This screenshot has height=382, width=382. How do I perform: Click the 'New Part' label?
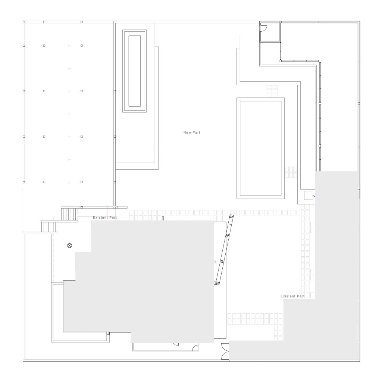[192, 132]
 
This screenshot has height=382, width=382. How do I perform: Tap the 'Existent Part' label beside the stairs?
[105, 217]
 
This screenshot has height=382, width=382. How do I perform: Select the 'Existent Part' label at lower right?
[292, 296]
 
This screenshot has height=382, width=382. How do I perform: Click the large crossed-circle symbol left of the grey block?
[70, 245]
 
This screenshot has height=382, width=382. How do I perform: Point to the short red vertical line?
[107, 211]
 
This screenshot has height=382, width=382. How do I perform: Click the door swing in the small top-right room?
[264, 28]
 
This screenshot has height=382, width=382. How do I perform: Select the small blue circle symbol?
[313, 196]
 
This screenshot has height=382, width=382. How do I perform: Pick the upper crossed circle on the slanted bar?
[227, 235]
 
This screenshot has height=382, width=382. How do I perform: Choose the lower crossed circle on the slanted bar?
[222, 262]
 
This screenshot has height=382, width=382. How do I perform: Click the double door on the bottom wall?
[225, 351]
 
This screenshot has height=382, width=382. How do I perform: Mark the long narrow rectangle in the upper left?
[134, 71]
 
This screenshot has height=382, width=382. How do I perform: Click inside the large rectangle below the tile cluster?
[260, 148]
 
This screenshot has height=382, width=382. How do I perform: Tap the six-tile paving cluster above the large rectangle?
[272, 91]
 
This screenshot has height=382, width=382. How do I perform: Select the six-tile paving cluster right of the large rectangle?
[291, 172]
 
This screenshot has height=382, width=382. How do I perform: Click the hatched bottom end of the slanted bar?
[217, 284]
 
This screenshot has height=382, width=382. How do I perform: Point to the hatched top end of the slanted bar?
[231, 216]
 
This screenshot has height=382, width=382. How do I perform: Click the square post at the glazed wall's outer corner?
[320, 61]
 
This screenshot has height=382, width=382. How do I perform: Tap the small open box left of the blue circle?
[309, 195]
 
